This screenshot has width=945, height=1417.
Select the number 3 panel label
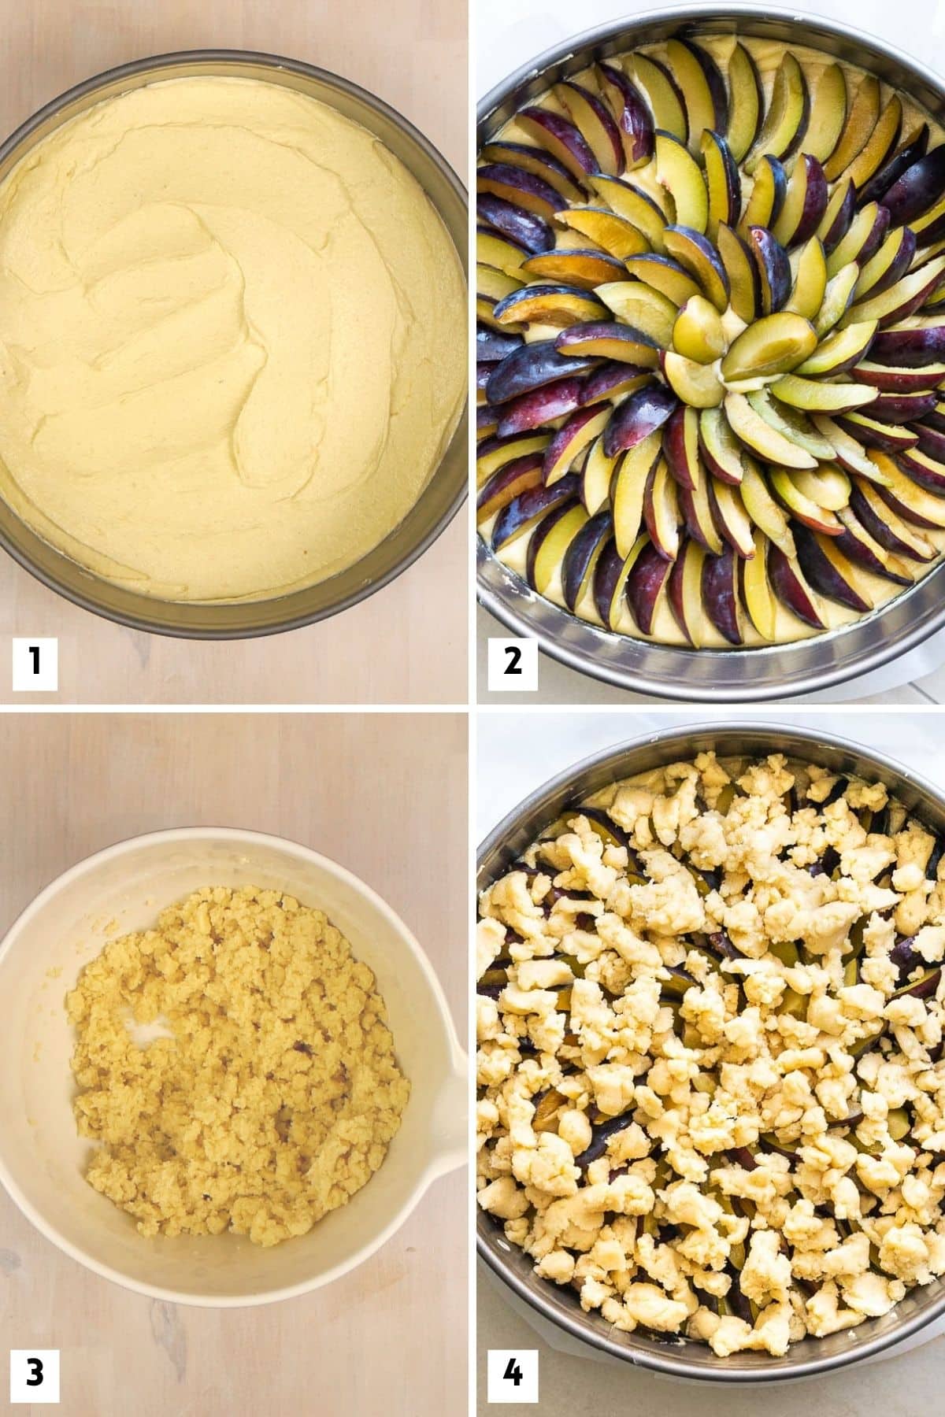(35, 1374)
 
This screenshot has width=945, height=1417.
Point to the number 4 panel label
(512, 1374)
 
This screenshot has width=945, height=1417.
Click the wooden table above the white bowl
(236, 771)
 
